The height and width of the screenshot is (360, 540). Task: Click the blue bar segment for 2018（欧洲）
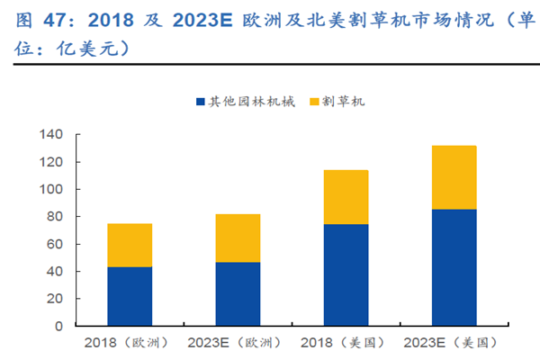tap(130, 296)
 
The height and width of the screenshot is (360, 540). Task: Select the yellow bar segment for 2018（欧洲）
tap(130, 245)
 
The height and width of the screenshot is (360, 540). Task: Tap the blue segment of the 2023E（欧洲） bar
tap(238, 294)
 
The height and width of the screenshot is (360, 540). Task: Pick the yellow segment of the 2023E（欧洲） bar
tap(238, 238)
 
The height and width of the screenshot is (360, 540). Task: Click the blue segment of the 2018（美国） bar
tap(346, 274)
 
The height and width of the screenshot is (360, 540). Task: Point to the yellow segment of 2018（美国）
tap(346, 197)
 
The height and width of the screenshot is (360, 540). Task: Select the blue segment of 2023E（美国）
tap(454, 267)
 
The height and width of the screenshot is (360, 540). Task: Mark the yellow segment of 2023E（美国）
tap(454, 177)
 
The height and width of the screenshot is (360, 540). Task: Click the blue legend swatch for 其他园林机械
tap(200, 102)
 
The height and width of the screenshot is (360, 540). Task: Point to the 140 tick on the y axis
tap(51, 135)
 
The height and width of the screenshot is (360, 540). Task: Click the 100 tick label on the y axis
tap(51, 190)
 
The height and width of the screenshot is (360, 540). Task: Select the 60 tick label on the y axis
tap(55, 244)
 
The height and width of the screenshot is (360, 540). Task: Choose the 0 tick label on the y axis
tap(58, 326)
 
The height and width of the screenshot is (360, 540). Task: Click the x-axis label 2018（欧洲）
tap(130, 343)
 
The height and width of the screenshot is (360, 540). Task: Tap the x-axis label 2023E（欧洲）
tap(238, 343)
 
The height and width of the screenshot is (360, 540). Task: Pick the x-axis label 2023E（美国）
tap(454, 343)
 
